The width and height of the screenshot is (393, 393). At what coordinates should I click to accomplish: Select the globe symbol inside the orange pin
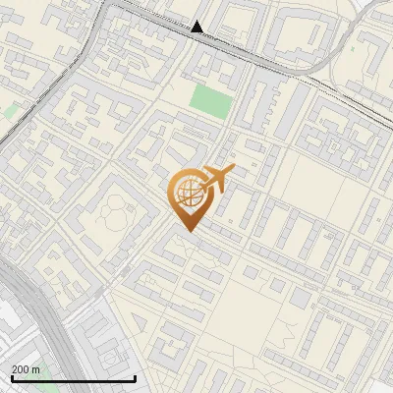pos(187,193)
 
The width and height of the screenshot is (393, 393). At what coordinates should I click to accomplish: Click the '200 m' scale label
pos(26,368)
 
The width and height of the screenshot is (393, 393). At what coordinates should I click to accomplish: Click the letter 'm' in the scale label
pos(35,368)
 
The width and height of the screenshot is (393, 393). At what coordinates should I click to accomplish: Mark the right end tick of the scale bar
pos(135,377)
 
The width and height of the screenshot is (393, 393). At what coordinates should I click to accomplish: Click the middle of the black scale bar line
pos(73,378)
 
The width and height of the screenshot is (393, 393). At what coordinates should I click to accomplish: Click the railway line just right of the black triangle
pos(236,43)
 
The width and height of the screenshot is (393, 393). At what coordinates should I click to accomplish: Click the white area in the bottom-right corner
pos(378,378)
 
